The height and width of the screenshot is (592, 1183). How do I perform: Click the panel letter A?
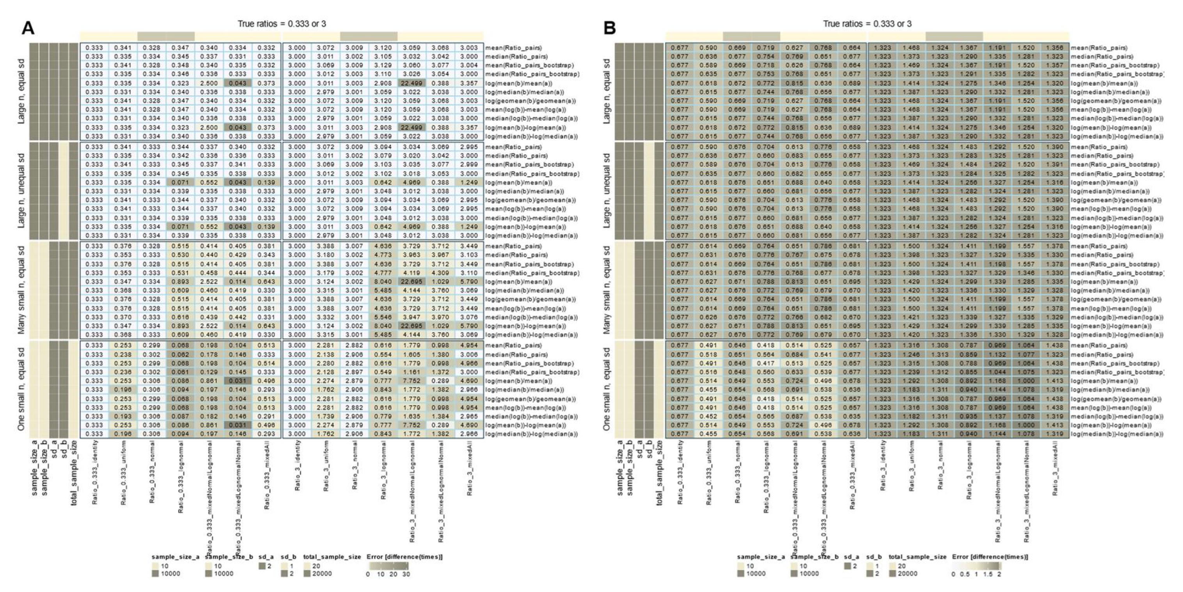point(28,28)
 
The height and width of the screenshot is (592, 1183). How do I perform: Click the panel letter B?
point(609,28)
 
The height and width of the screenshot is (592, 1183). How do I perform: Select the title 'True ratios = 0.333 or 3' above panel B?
point(867,24)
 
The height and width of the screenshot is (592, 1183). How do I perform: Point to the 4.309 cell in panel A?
point(440,272)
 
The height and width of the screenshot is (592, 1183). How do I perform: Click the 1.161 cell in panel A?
point(412,372)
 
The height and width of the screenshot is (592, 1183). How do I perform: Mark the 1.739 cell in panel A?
point(326,416)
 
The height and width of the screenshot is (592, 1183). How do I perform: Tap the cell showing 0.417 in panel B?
point(766,363)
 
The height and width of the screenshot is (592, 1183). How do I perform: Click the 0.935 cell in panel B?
point(969,416)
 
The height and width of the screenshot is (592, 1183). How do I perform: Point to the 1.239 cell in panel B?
point(912,372)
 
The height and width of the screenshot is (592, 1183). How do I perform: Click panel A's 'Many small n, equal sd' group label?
point(21,290)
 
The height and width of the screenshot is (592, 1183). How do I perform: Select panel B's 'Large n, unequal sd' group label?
point(607,191)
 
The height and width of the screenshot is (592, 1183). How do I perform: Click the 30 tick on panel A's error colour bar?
point(406,574)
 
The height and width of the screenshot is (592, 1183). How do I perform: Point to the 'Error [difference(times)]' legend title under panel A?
point(404,557)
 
